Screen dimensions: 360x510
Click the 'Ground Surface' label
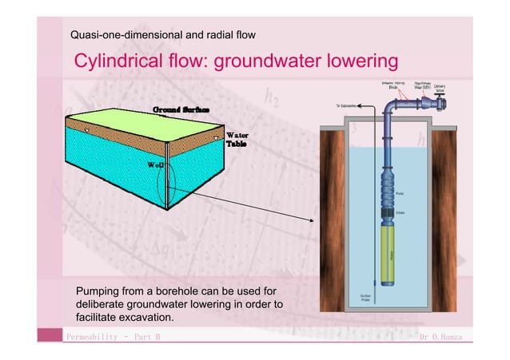[x=181, y=108]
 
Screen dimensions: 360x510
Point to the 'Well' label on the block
[x=156, y=164]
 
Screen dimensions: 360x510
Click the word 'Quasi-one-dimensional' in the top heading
[x=120, y=35]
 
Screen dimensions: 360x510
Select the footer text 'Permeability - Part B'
[x=114, y=338]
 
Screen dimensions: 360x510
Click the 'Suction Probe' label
[x=364, y=297]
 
